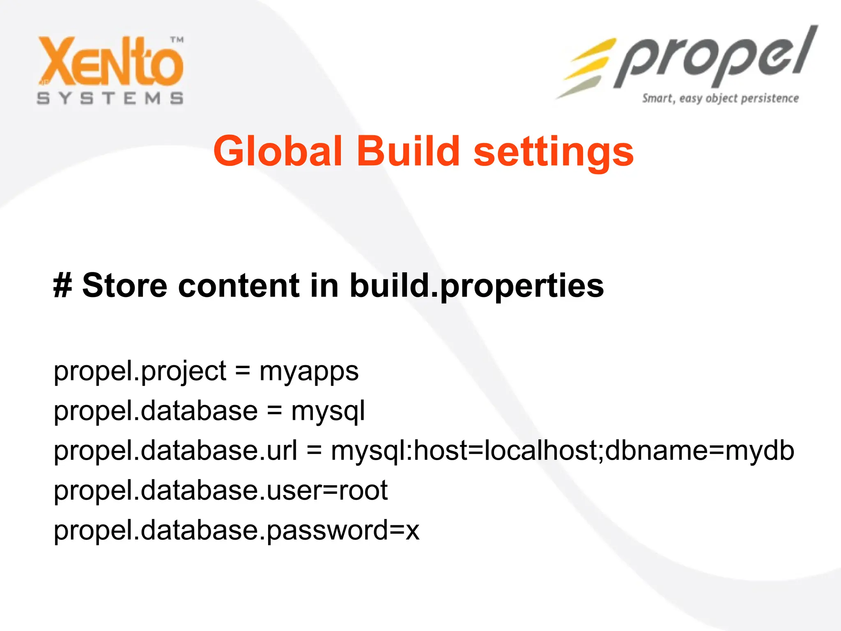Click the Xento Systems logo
click(x=110, y=70)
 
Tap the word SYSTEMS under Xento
click(x=110, y=99)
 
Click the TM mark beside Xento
click(x=177, y=40)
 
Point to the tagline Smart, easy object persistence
click(x=720, y=99)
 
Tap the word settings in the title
click(x=554, y=153)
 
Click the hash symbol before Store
click(x=62, y=285)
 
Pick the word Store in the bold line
click(x=125, y=285)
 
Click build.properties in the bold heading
click(x=476, y=286)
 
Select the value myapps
click(x=309, y=372)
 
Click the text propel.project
click(x=140, y=372)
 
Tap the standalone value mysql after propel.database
click(x=328, y=412)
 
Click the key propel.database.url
click(x=175, y=450)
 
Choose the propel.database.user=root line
click(x=221, y=491)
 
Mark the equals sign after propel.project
click(x=242, y=371)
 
